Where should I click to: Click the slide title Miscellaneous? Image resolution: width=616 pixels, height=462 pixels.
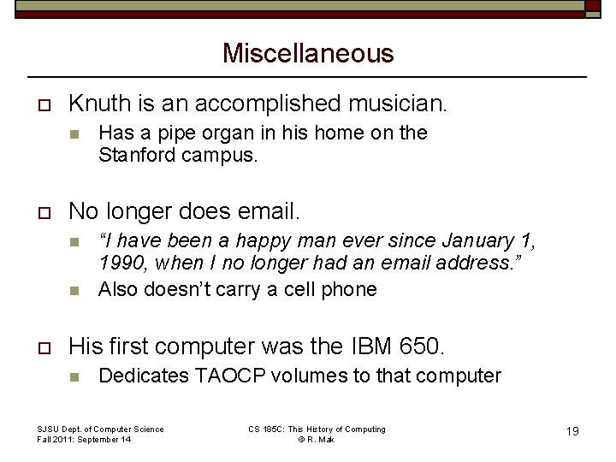[x=308, y=53]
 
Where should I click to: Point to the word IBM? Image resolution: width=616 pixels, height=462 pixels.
[x=365, y=346]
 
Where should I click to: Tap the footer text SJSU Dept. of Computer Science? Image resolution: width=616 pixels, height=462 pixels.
[x=100, y=429]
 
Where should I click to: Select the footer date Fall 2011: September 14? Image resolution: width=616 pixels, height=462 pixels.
[x=84, y=439]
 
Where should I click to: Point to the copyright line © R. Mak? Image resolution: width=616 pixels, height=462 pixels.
[x=316, y=439]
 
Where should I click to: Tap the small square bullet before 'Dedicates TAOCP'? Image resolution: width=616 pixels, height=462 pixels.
[x=74, y=376]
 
